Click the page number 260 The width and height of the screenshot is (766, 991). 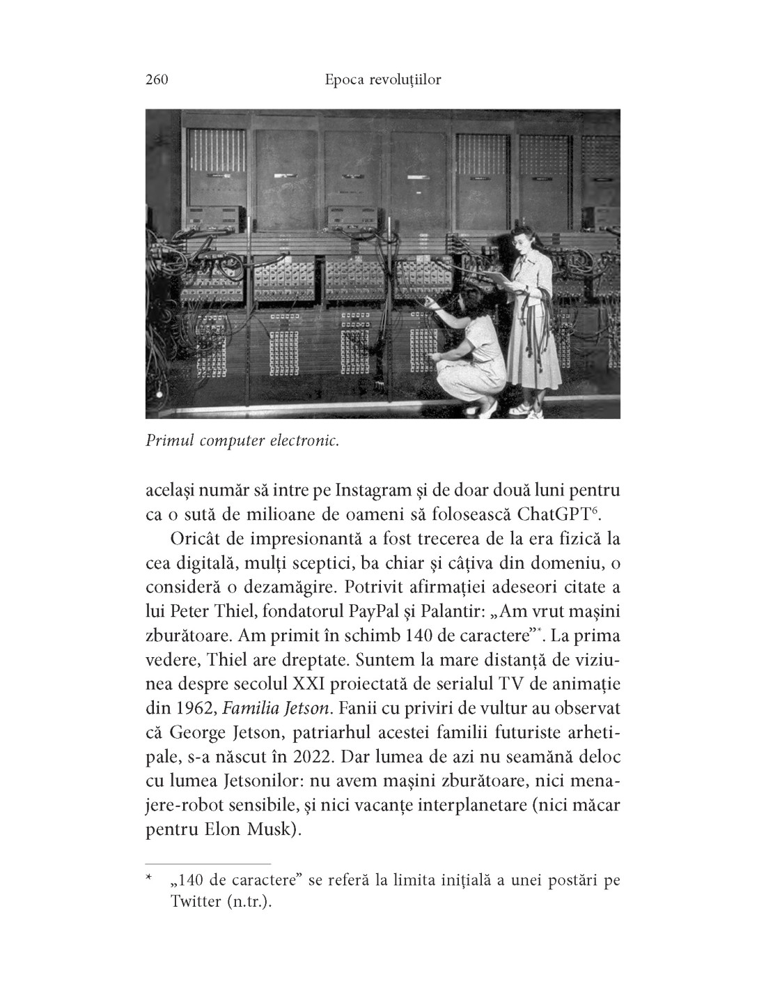click(157, 80)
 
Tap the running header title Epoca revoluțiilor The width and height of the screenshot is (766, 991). click(383, 80)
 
